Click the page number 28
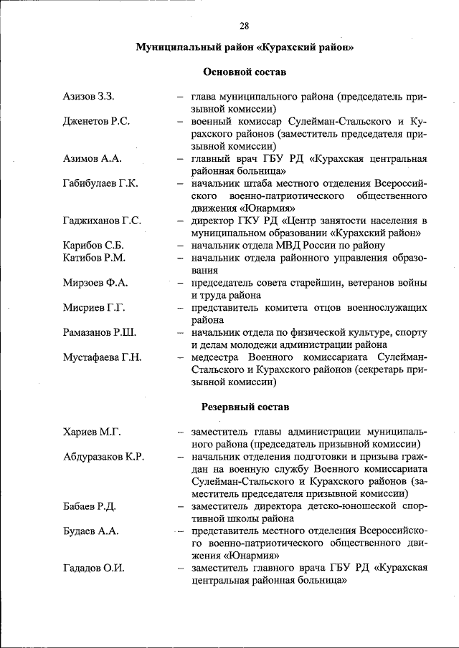tap(244, 26)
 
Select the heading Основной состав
tap(244, 72)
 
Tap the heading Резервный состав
tap(244, 407)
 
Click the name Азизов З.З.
tap(90, 97)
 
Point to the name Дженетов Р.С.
tap(96, 121)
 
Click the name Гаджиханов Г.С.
tap(102, 221)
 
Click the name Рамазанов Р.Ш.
tap(100, 332)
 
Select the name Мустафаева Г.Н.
tap(102, 357)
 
